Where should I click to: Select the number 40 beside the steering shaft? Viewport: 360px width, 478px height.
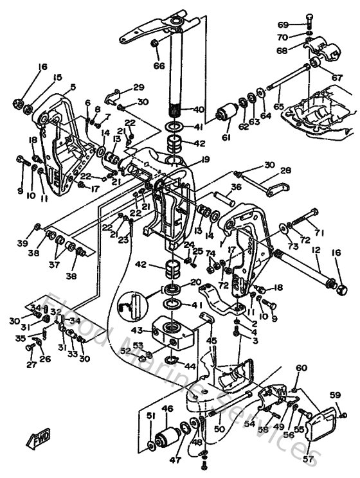tap(198, 109)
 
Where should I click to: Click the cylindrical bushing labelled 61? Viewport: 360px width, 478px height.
tap(226, 114)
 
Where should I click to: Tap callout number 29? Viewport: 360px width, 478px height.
tap(138, 87)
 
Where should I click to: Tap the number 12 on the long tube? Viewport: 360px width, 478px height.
tap(315, 249)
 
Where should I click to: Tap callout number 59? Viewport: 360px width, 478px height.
tap(334, 394)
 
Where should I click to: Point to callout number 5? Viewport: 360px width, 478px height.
tap(73, 87)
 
